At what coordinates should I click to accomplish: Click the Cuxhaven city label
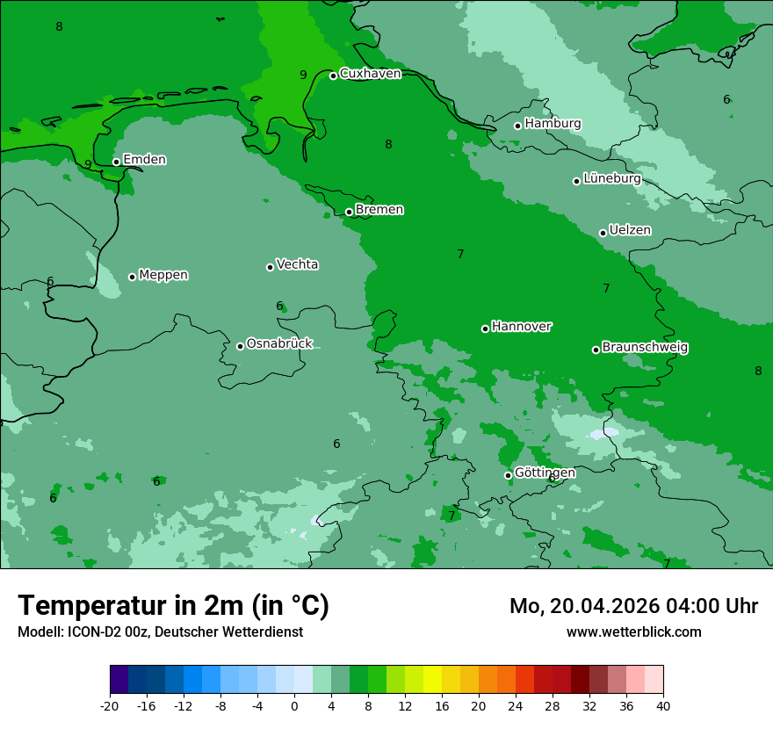tap(370, 74)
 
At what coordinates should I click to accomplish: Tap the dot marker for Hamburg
tap(518, 126)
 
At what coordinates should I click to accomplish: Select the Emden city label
tap(144, 160)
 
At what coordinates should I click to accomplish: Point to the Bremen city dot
tap(349, 212)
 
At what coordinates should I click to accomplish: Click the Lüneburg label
tap(612, 178)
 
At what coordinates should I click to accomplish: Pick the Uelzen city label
tap(630, 230)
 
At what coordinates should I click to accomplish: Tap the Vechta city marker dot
tap(270, 267)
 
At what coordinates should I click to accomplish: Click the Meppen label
tap(163, 275)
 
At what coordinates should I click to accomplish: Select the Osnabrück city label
tap(279, 343)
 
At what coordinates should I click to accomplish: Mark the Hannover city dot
tap(485, 328)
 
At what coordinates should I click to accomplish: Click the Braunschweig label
tap(645, 347)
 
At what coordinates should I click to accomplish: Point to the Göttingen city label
tap(545, 473)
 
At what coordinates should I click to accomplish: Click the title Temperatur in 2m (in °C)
tap(173, 606)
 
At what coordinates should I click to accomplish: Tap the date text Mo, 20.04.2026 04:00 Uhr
tap(633, 606)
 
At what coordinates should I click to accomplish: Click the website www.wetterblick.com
tap(633, 632)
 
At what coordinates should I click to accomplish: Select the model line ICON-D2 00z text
tap(160, 632)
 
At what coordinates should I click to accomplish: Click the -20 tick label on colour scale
tap(109, 706)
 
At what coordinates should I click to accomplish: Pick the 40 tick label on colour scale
tap(663, 706)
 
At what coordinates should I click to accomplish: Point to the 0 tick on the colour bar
tap(294, 706)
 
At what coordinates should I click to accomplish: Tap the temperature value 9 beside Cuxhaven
tap(303, 75)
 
